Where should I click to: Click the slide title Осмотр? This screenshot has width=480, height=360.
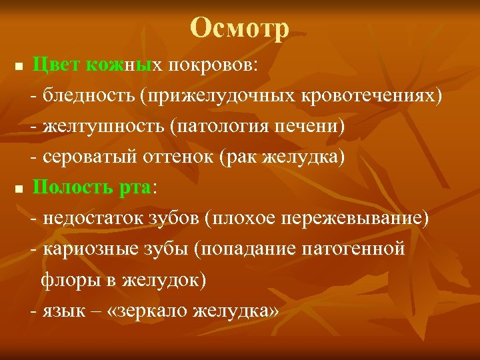click(240, 28)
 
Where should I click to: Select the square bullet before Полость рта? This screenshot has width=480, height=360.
click(19, 189)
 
